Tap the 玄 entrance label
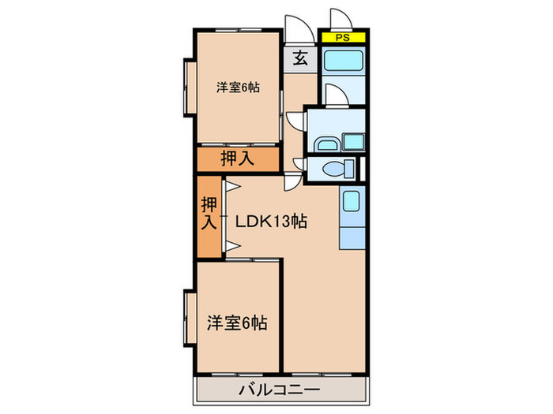[x=301, y=58]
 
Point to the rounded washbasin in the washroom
[x=325, y=144]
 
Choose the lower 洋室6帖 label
[x=237, y=323]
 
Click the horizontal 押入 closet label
[x=237, y=159]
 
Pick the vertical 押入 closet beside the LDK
[x=209, y=214]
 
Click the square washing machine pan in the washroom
[x=352, y=144]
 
